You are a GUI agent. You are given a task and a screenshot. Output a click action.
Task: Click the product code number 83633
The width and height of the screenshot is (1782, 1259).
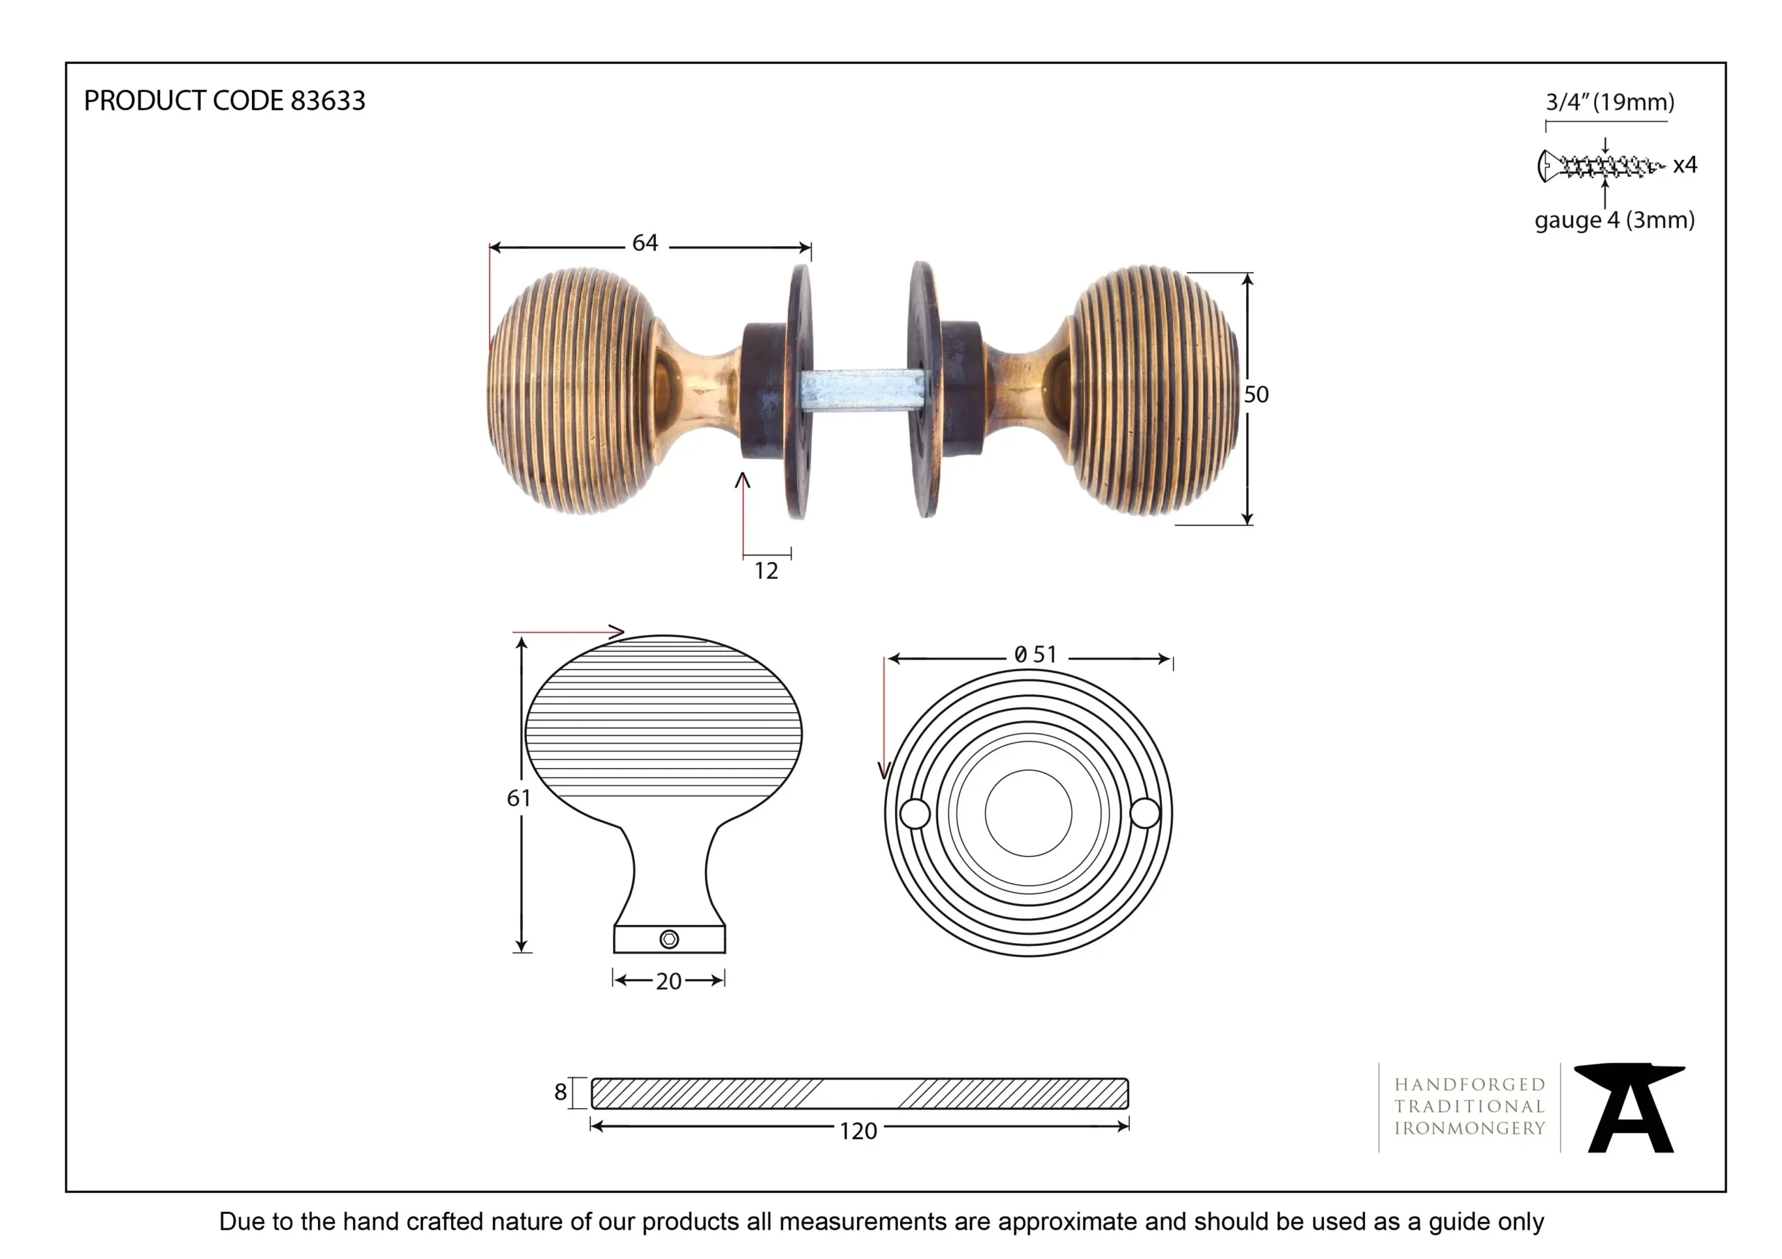pyautogui.click(x=328, y=101)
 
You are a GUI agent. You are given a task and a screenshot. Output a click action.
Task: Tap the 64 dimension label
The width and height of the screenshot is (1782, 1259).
pyautogui.click(x=645, y=243)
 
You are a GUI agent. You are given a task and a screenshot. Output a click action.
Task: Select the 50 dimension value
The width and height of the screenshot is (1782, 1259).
pyautogui.click(x=1256, y=395)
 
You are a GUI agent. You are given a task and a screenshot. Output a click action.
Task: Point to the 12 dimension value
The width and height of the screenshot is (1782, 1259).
pyautogui.click(x=766, y=571)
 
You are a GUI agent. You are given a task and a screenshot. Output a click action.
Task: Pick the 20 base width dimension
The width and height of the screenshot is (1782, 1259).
pyautogui.click(x=669, y=981)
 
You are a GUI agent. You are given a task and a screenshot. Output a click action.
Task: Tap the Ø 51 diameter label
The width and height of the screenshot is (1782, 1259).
pyautogui.click(x=1035, y=655)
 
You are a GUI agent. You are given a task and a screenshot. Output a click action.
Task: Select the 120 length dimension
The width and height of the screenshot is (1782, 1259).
pyautogui.click(x=858, y=1131)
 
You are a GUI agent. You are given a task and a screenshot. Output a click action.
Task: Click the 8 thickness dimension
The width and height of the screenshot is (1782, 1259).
pyautogui.click(x=560, y=1092)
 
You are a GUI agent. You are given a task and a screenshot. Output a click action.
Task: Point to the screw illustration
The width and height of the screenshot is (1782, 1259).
pyautogui.click(x=1601, y=166)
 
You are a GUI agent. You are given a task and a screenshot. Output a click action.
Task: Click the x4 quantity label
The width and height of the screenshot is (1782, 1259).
pyautogui.click(x=1685, y=166)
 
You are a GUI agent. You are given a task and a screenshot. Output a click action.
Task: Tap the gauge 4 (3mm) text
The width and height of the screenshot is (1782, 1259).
pyautogui.click(x=1614, y=220)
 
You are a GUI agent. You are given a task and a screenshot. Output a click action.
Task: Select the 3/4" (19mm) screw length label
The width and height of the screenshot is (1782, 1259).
pyautogui.click(x=1609, y=102)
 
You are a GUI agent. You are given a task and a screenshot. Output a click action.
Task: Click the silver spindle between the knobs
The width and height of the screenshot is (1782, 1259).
pyautogui.click(x=864, y=390)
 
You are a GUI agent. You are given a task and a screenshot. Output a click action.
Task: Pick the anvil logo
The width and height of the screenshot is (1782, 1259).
pyautogui.click(x=1629, y=1108)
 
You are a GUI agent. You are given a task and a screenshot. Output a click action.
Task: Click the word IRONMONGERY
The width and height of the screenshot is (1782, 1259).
pyautogui.click(x=1470, y=1129)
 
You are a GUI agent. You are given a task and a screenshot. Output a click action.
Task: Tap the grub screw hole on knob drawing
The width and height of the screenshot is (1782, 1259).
pyautogui.click(x=669, y=940)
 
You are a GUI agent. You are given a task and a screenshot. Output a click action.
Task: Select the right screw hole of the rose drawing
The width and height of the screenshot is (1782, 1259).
pyautogui.click(x=1145, y=813)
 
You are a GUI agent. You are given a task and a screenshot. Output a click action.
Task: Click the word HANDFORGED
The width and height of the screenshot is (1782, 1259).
pyautogui.click(x=1470, y=1084)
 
